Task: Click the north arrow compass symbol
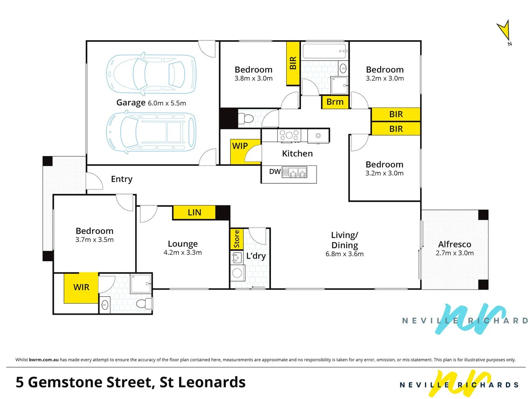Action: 504,31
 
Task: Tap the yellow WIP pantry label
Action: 240,146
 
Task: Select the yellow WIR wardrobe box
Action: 81,287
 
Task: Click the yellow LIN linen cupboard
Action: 194,212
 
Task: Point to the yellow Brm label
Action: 335,102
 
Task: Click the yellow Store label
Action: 237,239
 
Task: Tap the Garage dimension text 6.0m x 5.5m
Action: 167,103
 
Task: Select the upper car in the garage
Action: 151,74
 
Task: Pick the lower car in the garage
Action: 151,132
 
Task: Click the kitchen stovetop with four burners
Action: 289,135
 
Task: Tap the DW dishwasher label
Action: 275,171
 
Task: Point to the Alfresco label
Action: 454,244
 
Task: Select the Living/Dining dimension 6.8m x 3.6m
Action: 344,254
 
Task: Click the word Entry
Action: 122,179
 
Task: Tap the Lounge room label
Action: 183,244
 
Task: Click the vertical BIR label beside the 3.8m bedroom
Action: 293,63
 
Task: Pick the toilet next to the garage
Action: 246,119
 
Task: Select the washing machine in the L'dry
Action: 237,273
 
